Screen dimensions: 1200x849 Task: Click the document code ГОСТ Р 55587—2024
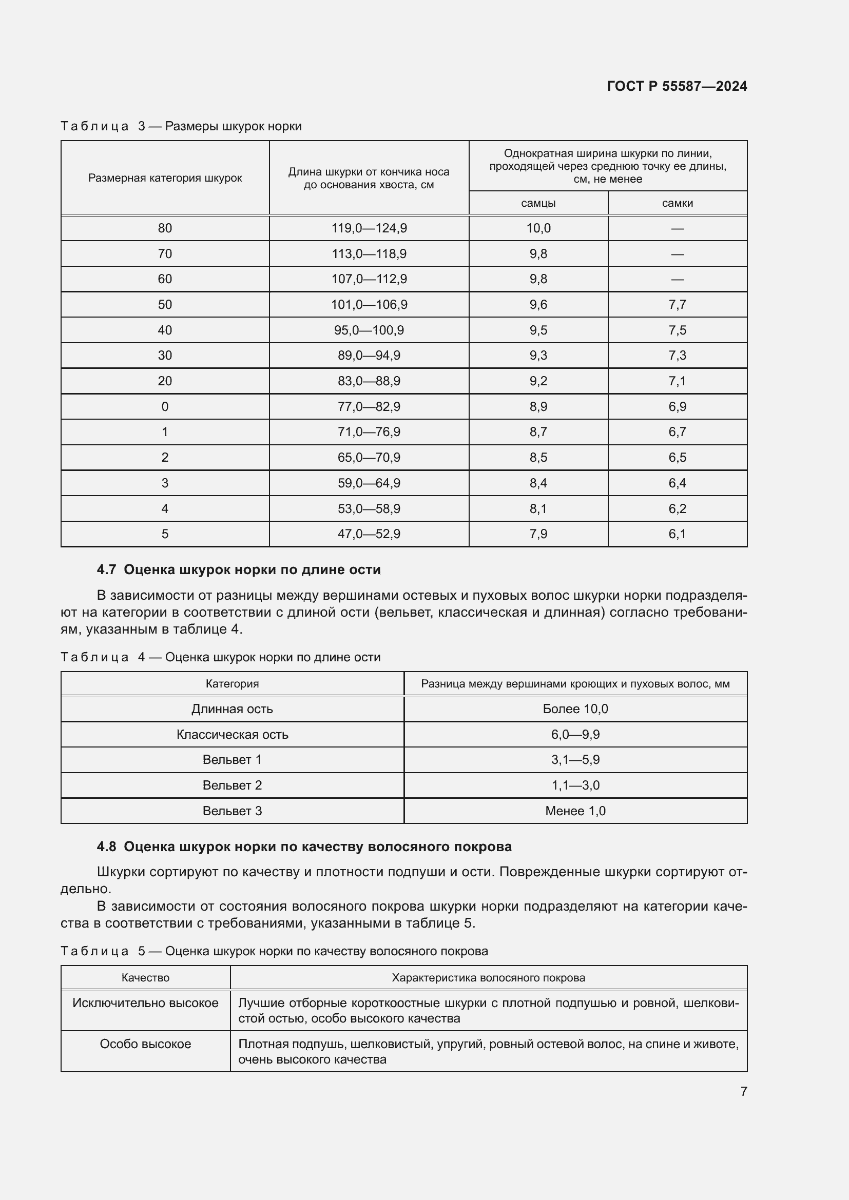[x=677, y=86]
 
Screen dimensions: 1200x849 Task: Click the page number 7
[x=743, y=1091]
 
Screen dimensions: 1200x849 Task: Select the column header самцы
[x=538, y=203]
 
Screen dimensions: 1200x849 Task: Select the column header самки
[x=677, y=203]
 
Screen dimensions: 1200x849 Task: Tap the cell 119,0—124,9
[x=369, y=228]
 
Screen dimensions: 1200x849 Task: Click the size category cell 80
[x=165, y=228]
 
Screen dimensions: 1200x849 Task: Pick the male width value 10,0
[x=538, y=228]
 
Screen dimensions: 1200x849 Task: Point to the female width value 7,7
[x=677, y=304]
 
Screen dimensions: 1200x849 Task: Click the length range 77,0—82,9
[x=369, y=406]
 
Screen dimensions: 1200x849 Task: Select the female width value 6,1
[x=677, y=534]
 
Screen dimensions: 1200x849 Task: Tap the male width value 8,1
[x=538, y=508]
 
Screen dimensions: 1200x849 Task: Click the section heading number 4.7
[x=106, y=569]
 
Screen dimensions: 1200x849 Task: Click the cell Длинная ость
[x=232, y=709]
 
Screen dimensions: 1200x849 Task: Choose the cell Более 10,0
[x=575, y=709]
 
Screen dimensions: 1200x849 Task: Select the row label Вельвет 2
[x=232, y=785]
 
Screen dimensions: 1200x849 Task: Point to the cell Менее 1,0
[x=575, y=811]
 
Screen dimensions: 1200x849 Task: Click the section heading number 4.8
[x=106, y=846]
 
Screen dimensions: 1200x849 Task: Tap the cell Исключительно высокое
[x=145, y=1002]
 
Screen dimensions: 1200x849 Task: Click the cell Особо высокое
[x=145, y=1044]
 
